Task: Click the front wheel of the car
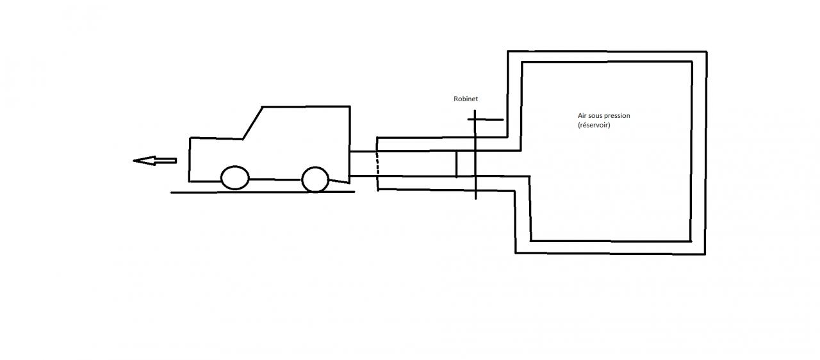pyautogui.click(x=234, y=177)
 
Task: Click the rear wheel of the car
pyautogui.click(x=315, y=179)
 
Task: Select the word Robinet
pyautogui.click(x=465, y=99)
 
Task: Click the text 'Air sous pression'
pyautogui.click(x=603, y=116)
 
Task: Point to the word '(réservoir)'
pyautogui.click(x=594, y=125)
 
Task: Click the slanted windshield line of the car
pyautogui.click(x=253, y=122)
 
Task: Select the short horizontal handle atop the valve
pyautogui.click(x=489, y=119)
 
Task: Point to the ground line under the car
pyautogui.click(x=263, y=192)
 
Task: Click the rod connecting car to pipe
pyautogui.click(x=363, y=163)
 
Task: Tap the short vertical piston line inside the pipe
pyautogui.click(x=456, y=163)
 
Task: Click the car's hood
pyautogui.click(x=216, y=138)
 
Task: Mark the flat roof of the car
pyautogui.click(x=306, y=106)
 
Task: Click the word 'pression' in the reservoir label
pyautogui.click(x=617, y=116)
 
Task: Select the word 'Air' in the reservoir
pyautogui.click(x=582, y=116)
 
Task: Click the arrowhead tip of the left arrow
pyautogui.click(x=135, y=160)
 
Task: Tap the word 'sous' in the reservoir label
pyautogui.click(x=595, y=116)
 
